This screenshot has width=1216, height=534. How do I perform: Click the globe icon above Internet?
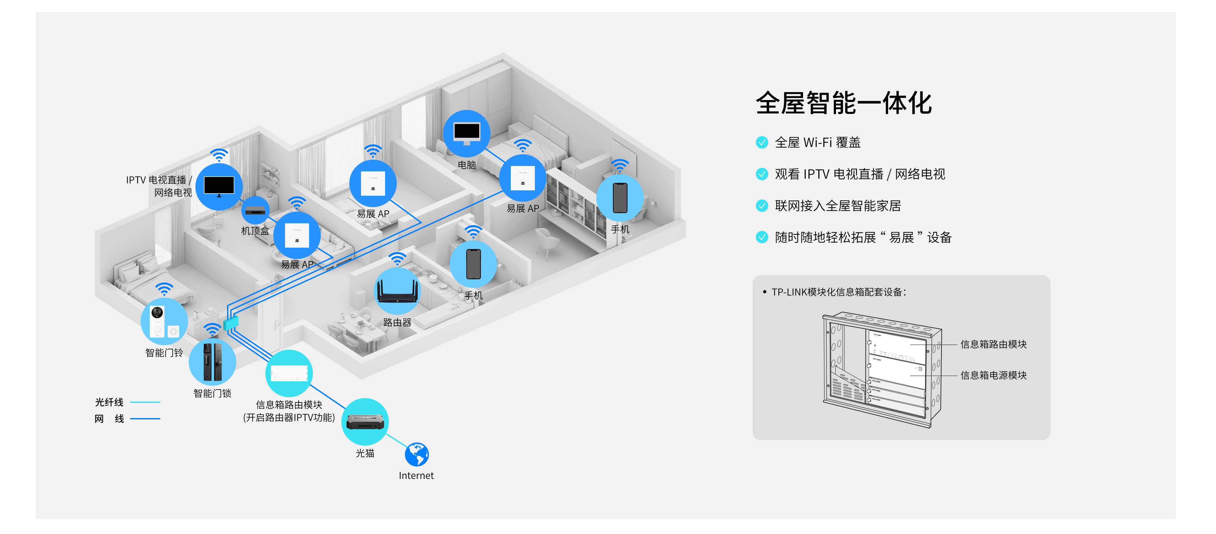pos(417,454)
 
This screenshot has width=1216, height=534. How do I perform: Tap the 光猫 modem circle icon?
pos(365,421)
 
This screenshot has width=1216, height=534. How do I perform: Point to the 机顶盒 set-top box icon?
pos(255,211)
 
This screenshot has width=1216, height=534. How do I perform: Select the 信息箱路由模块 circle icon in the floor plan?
pos(289,373)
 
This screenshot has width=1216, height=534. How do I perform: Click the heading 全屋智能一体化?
pos(844,103)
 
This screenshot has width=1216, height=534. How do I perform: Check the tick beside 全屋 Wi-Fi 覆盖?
pos(762,142)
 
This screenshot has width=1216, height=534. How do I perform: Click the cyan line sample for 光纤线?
pos(145,402)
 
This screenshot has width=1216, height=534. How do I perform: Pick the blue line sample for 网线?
pos(145,419)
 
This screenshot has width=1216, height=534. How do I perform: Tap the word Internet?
pos(416,475)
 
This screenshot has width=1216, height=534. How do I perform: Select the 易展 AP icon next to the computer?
pos(522,178)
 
